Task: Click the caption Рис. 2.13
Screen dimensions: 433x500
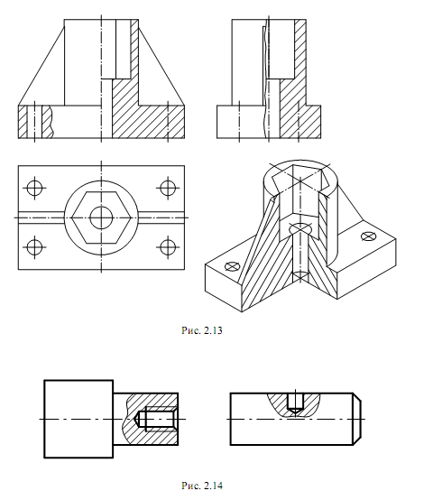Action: pyautogui.click(x=202, y=330)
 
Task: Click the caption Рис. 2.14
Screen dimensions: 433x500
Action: pyautogui.click(x=202, y=486)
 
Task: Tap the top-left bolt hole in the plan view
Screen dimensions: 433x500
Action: pyautogui.click(x=34, y=188)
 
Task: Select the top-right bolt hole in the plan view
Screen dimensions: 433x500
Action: pyautogui.click(x=168, y=188)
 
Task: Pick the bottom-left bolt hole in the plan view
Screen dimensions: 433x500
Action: pyautogui.click(x=34, y=246)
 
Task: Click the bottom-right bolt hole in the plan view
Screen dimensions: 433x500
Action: pyautogui.click(x=168, y=246)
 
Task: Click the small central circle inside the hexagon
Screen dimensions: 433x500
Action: pyautogui.click(x=101, y=218)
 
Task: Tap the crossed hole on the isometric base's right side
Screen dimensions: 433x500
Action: pyautogui.click(x=368, y=236)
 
